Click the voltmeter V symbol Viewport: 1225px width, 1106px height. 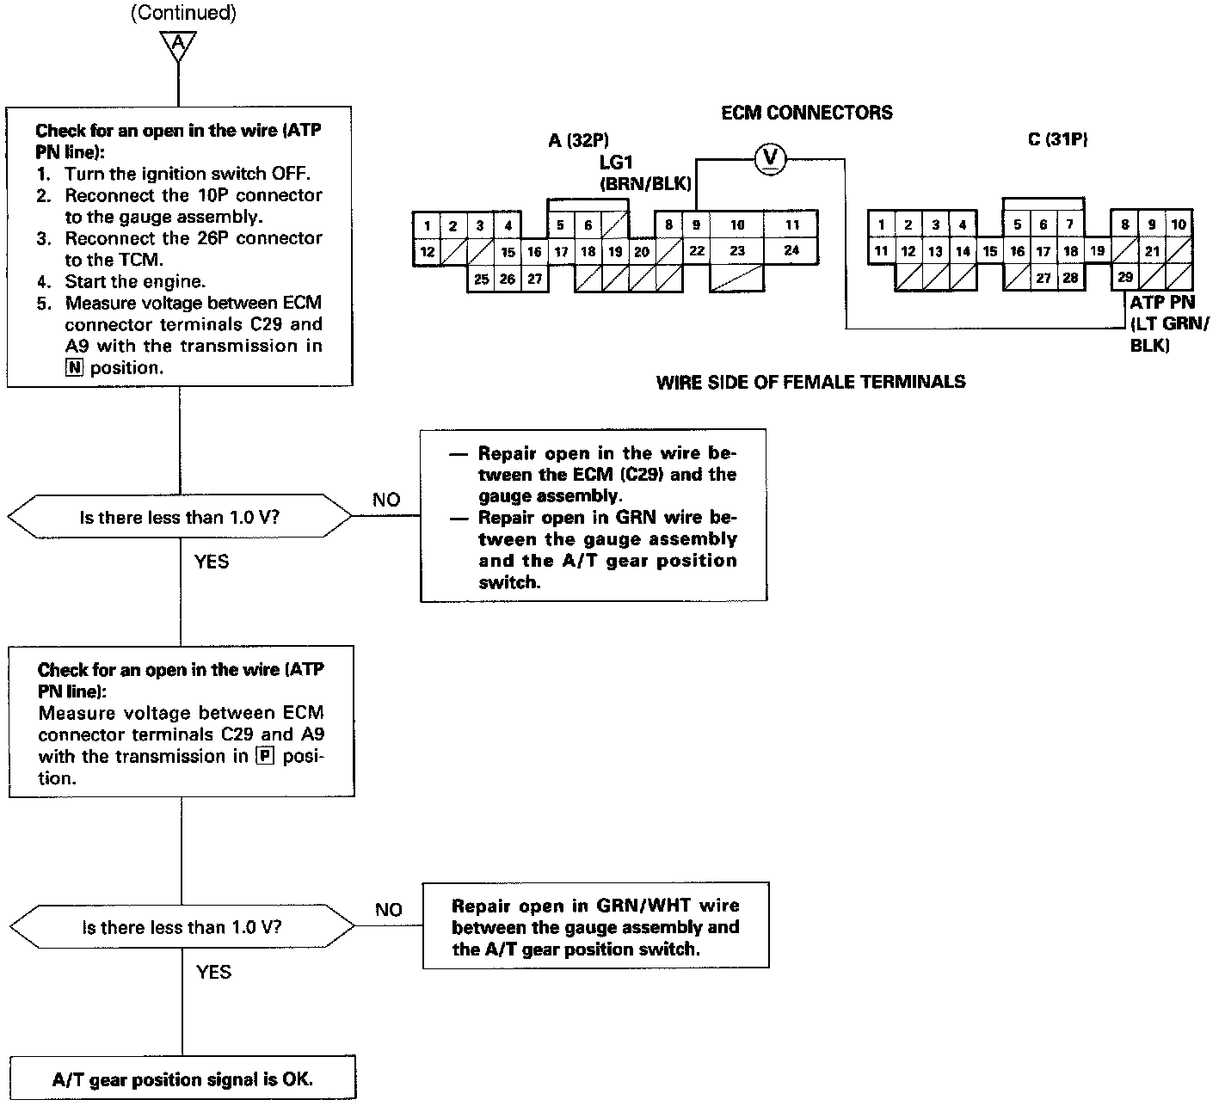(770, 157)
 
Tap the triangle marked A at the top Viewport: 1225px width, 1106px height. (178, 45)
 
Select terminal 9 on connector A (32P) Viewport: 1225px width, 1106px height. (696, 225)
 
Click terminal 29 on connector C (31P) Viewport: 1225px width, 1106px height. (1124, 277)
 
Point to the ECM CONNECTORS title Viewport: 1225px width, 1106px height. (806, 113)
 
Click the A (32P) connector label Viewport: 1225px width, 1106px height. (578, 140)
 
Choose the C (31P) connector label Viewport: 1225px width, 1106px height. (1058, 140)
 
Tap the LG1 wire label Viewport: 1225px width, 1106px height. (618, 162)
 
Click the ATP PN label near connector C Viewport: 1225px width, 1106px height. (1162, 304)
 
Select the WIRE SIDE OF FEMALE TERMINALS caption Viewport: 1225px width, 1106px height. (810, 382)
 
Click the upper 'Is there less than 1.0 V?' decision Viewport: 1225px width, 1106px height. (180, 518)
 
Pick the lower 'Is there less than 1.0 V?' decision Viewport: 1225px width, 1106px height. (182, 927)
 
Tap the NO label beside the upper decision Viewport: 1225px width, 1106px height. (386, 500)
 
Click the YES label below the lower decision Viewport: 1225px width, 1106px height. (213, 972)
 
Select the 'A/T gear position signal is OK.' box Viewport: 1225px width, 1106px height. (182, 1080)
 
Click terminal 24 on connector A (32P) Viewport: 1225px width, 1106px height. (791, 250)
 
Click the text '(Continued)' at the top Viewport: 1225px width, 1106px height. (182, 13)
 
